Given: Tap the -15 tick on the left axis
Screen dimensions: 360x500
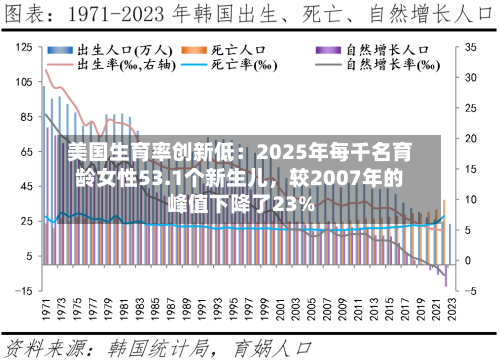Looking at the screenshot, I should (x=23, y=291).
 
